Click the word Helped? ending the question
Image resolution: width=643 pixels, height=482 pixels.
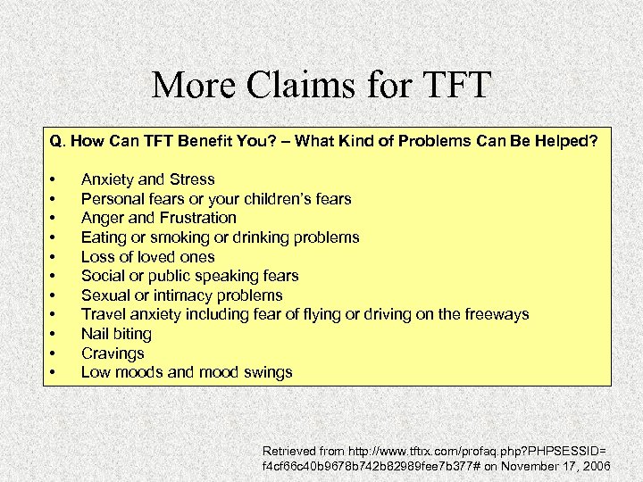pyautogui.click(x=566, y=141)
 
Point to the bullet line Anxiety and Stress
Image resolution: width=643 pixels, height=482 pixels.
pyautogui.click(x=147, y=179)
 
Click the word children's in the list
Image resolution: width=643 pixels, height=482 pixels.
pyautogui.click(x=263, y=199)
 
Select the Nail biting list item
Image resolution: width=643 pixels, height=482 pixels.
pyautogui.click(x=116, y=334)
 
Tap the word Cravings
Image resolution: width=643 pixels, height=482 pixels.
pyautogui.click(x=113, y=353)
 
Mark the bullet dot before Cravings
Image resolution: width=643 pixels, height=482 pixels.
pyautogui.click(x=54, y=353)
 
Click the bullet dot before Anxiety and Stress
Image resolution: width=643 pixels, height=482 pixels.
pyautogui.click(x=54, y=179)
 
